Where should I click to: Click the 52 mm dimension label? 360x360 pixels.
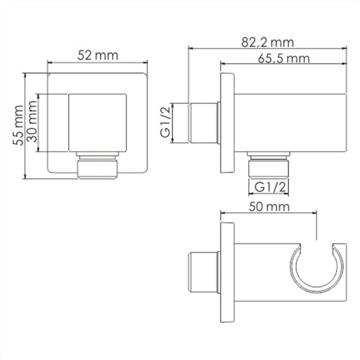98,55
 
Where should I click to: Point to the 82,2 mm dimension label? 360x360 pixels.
268,41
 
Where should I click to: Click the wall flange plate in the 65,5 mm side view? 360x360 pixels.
226,123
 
